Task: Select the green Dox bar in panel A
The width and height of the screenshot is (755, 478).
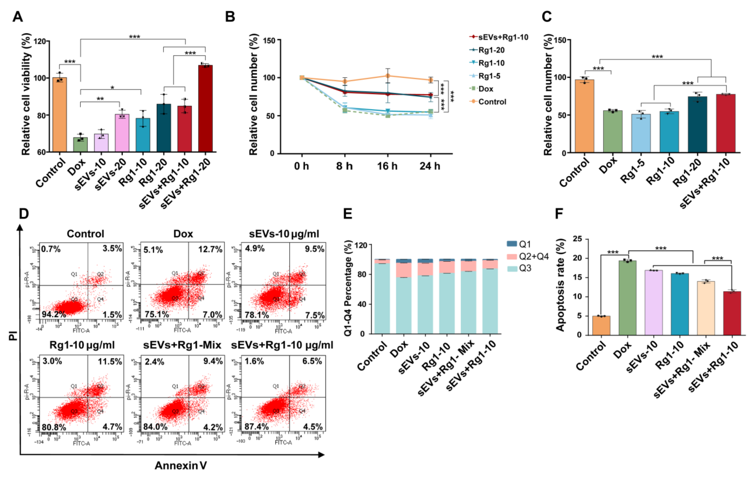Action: coord(80,145)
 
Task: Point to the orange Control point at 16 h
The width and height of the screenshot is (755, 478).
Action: coord(388,76)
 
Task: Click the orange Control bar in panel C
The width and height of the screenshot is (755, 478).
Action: coord(584,116)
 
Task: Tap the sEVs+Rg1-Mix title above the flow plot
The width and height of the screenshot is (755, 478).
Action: coord(182,345)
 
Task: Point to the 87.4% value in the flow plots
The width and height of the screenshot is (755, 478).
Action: coord(256,427)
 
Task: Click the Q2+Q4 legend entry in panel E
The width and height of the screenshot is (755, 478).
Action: coord(533,256)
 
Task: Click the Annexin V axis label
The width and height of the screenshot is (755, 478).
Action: coord(181,465)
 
